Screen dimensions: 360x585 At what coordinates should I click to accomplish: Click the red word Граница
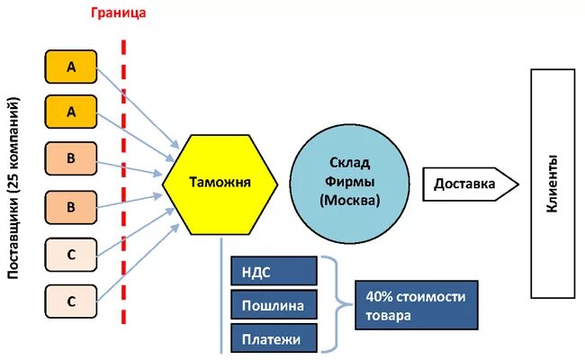pyautogui.click(x=118, y=13)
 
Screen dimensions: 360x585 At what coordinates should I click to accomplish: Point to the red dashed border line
pyautogui.click(x=124, y=180)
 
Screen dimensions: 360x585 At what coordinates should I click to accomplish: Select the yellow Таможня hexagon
pyautogui.click(x=220, y=184)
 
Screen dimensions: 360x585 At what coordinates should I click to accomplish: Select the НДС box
pyautogui.click(x=274, y=271)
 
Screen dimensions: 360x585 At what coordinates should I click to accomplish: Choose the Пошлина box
pyautogui.click(x=274, y=305)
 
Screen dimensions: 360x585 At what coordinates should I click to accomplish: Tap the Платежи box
pyautogui.click(x=274, y=338)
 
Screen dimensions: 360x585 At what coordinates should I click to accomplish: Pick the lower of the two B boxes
pyautogui.click(x=70, y=206)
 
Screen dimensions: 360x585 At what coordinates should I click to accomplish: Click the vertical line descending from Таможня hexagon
pyautogui.click(x=220, y=297)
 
